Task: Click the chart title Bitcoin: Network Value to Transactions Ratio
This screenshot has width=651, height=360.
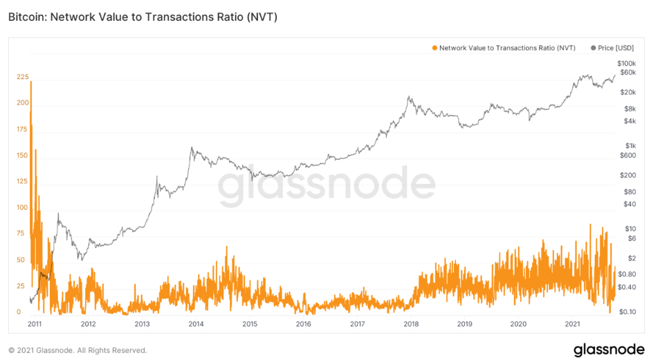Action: coord(143,17)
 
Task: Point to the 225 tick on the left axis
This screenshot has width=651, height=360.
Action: coord(23,77)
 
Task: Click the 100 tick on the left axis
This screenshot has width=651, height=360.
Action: coord(23,208)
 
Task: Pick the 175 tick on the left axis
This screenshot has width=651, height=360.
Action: coord(23,129)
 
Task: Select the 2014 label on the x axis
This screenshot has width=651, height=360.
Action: coord(196,323)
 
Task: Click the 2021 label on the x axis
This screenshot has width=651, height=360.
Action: coord(572,323)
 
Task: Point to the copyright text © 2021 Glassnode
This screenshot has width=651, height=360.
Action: coord(77,350)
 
